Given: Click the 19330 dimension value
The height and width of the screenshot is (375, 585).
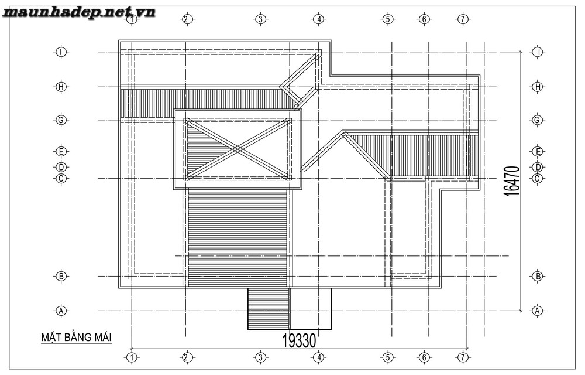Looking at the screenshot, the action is [x=299, y=340].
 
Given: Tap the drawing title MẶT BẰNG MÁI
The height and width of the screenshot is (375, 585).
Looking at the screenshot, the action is [x=77, y=337].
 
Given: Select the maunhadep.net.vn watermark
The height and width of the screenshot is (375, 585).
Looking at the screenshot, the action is [x=79, y=13].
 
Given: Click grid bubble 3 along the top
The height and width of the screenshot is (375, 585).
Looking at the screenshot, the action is [x=260, y=19].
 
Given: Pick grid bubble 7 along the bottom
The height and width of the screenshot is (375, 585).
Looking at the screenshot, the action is [x=463, y=357].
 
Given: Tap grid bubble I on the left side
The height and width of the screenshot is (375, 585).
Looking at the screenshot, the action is [x=61, y=52].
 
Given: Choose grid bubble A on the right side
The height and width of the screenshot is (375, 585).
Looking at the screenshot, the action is [x=537, y=311].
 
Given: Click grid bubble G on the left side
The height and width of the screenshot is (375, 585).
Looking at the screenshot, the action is [x=61, y=120].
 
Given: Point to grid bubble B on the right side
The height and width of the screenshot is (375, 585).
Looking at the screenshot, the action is [x=537, y=277].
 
